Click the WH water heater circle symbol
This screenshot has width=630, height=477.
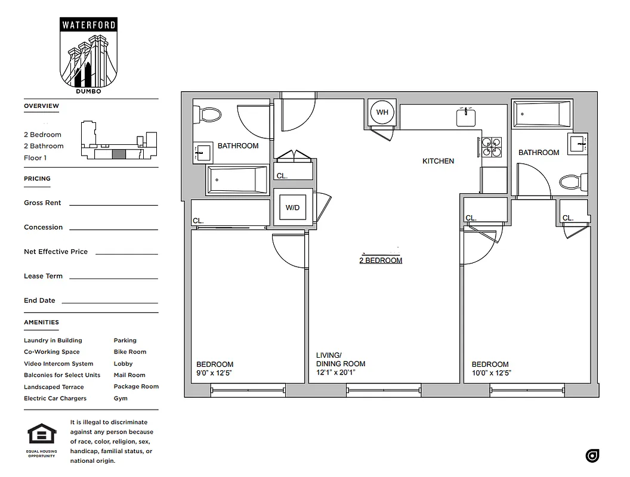pos(382,112)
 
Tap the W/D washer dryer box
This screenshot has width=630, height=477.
pos(292,207)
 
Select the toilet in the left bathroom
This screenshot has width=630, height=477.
pos(208,113)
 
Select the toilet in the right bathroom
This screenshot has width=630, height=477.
pos(574,181)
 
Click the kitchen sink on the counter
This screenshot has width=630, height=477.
pos(466,117)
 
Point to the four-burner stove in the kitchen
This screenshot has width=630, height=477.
pos(492,147)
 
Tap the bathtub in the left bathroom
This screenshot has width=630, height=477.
pos(237,179)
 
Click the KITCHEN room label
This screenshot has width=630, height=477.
pos(438,161)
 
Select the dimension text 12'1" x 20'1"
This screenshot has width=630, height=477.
pos(339,373)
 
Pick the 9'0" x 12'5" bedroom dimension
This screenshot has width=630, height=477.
pos(214,373)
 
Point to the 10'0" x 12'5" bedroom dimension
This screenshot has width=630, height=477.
pos(491,373)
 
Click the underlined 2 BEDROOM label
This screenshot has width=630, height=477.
pos(381,261)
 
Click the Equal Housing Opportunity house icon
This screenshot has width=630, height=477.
pos(42,435)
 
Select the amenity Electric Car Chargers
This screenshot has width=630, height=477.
pos(55,398)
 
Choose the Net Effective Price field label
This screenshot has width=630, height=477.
pos(55,252)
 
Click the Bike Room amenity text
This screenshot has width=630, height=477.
pos(129,352)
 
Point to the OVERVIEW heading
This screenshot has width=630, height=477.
pos(41,106)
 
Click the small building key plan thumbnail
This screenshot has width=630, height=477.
pos(119,141)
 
